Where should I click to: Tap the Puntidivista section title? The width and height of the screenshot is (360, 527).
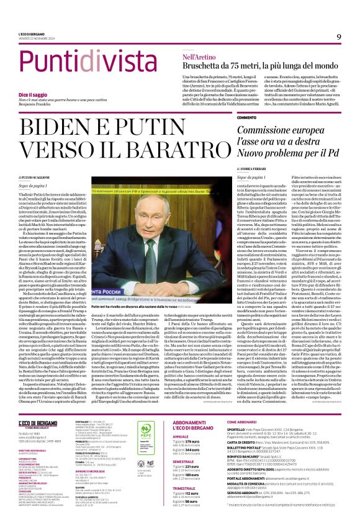(81, 62)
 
